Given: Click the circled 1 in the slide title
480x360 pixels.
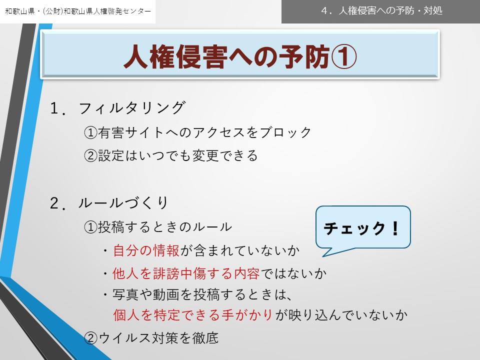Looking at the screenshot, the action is tap(344, 56).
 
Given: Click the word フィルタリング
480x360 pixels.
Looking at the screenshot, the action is tap(132, 108).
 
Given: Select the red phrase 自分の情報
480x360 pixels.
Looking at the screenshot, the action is tap(146, 250).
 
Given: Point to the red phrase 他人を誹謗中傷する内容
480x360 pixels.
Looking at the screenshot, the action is tap(186, 273).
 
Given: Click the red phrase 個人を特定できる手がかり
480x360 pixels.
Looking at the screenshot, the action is tap(193, 314).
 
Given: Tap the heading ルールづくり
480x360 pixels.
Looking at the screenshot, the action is tap(123, 202).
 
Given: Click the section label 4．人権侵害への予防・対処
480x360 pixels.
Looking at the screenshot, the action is tap(381, 10).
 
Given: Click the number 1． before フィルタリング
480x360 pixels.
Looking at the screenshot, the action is tap(58, 108).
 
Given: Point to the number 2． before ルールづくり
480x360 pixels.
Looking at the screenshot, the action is tap(58, 203).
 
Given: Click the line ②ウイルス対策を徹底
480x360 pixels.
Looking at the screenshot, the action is tap(151, 338).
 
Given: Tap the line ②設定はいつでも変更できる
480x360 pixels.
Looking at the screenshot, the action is tap(171, 155).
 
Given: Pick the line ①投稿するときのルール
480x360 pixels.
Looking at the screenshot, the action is tap(158, 227).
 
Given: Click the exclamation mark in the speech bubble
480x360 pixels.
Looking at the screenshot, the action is tap(395, 228).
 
